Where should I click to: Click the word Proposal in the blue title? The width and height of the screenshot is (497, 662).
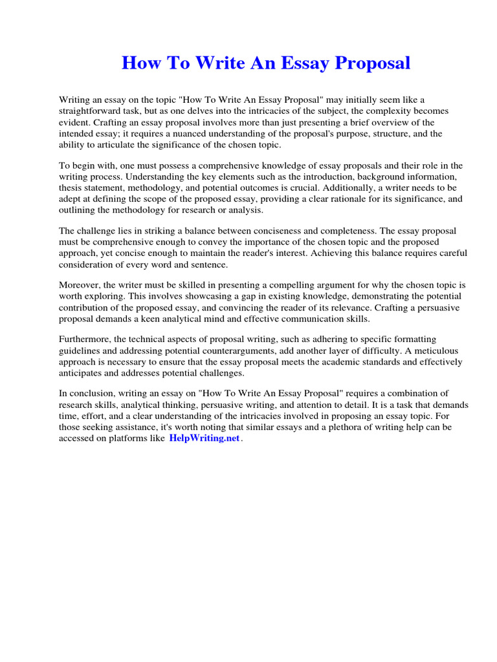click(371, 63)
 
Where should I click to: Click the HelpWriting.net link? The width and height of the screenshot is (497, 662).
click(204, 438)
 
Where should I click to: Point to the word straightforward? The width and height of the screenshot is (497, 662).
click(93, 111)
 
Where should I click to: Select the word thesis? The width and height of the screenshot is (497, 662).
click(72, 188)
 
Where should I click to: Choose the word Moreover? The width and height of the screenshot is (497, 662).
click(81, 285)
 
